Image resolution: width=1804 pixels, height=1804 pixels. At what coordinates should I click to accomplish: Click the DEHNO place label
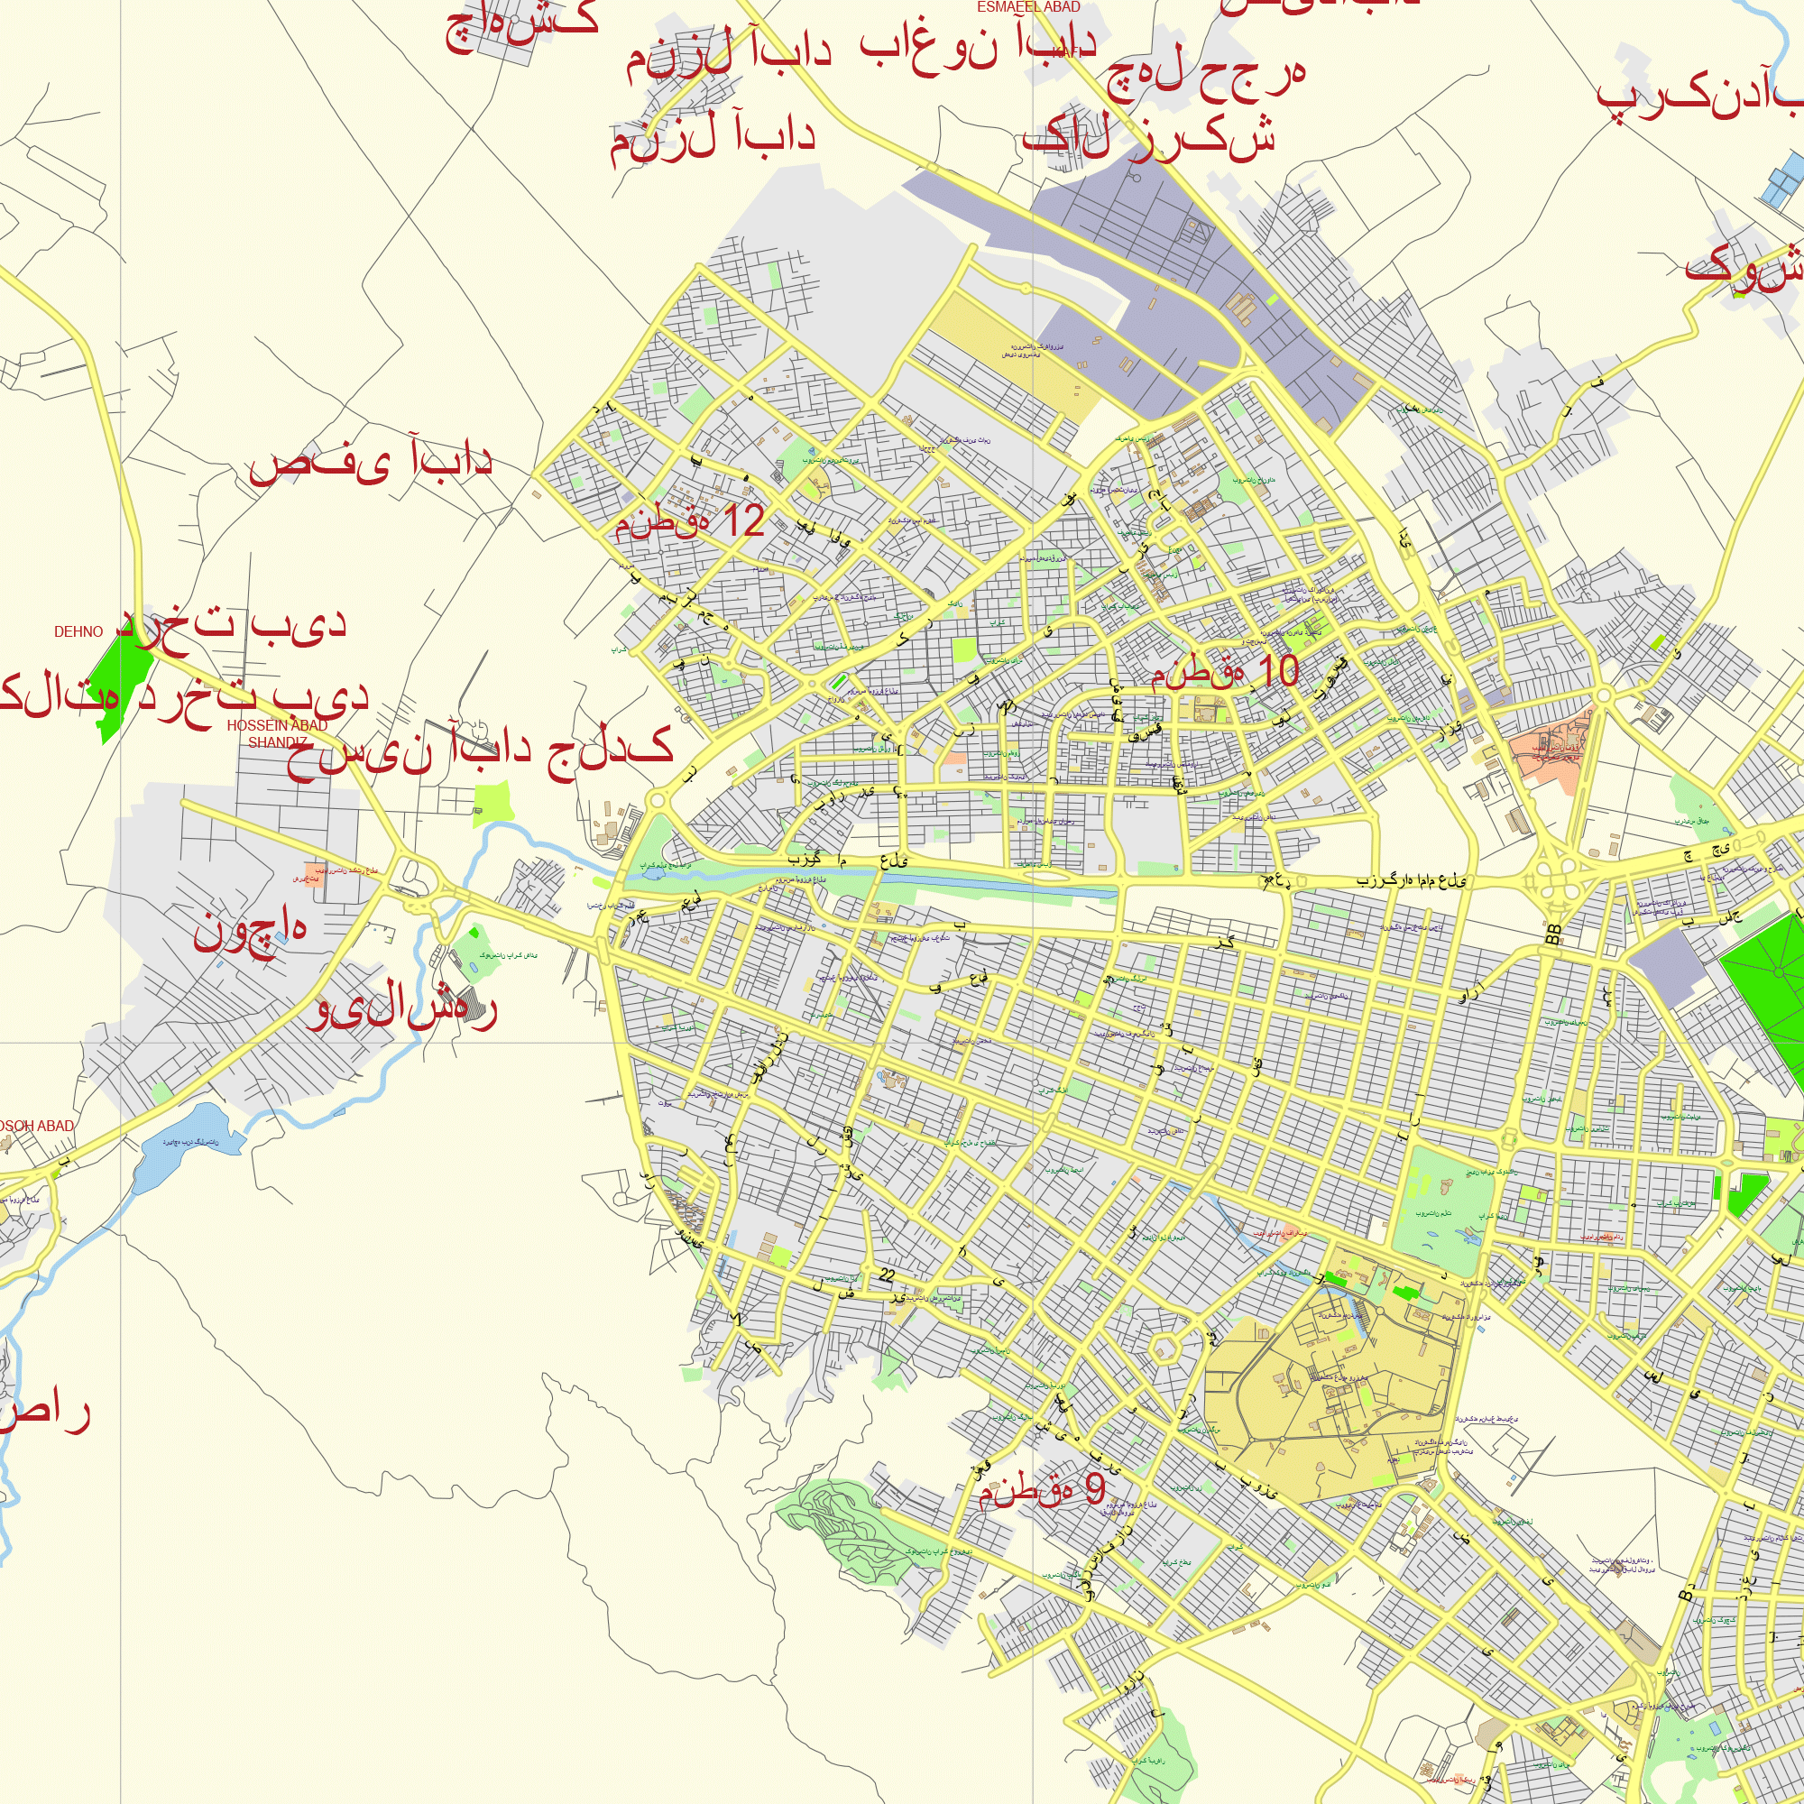pos(78,632)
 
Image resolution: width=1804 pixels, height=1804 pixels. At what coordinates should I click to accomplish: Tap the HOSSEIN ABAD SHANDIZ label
pos(277,734)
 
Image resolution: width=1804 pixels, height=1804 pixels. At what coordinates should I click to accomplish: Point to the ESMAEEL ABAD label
pos(1028,7)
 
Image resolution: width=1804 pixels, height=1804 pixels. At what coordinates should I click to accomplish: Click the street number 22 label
pos(886,1275)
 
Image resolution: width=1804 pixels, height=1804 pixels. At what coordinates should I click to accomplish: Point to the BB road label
pos(1553,934)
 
